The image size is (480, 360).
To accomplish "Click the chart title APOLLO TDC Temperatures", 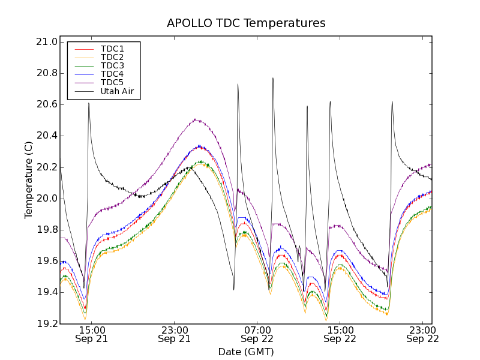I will [246, 23].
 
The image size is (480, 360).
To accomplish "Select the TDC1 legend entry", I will [112, 49].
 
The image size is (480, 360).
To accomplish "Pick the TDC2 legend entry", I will [112, 57].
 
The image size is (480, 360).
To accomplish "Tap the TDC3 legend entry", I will [112, 65].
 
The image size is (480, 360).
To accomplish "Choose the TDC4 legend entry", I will [112, 74].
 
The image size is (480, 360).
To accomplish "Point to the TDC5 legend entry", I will [112, 82].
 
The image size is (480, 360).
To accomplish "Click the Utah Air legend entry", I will [117, 91].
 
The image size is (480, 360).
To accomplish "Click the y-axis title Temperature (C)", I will [29, 180].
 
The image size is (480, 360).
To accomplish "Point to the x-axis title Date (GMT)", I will [246, 352].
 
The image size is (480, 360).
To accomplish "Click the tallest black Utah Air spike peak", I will [273, 78].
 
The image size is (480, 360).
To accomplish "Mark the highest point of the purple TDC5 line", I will [196, 119].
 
